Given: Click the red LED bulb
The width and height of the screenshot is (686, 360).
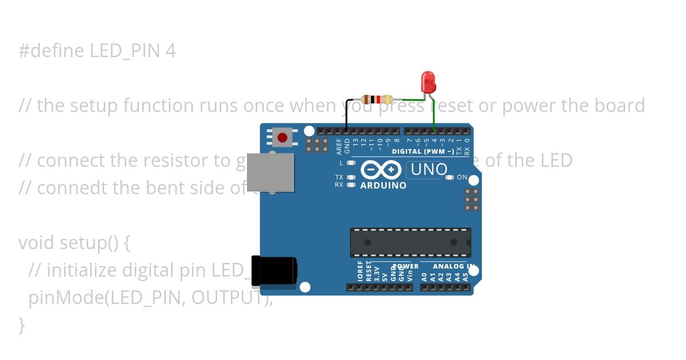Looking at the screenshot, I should [428, 82].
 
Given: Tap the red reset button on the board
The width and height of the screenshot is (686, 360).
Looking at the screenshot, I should [282, 137].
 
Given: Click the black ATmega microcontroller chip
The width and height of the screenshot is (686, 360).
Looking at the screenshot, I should [410, 242].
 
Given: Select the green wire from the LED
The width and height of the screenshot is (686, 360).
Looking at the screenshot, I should [433, 117].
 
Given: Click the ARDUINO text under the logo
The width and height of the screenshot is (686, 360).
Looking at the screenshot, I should [383, 185].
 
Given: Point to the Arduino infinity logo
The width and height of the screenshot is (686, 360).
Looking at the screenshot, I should [382, 170].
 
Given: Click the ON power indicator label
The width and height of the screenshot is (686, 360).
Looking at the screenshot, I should [462, 178].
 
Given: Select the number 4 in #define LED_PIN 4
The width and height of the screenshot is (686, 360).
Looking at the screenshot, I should [170, 51].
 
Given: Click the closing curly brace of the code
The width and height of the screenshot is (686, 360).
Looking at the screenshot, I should [22, 325].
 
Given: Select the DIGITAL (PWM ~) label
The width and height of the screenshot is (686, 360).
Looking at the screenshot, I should [422, 151].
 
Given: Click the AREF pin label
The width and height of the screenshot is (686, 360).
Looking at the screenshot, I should [339, 146].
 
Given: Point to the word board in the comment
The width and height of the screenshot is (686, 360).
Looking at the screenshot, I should [620, 106].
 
